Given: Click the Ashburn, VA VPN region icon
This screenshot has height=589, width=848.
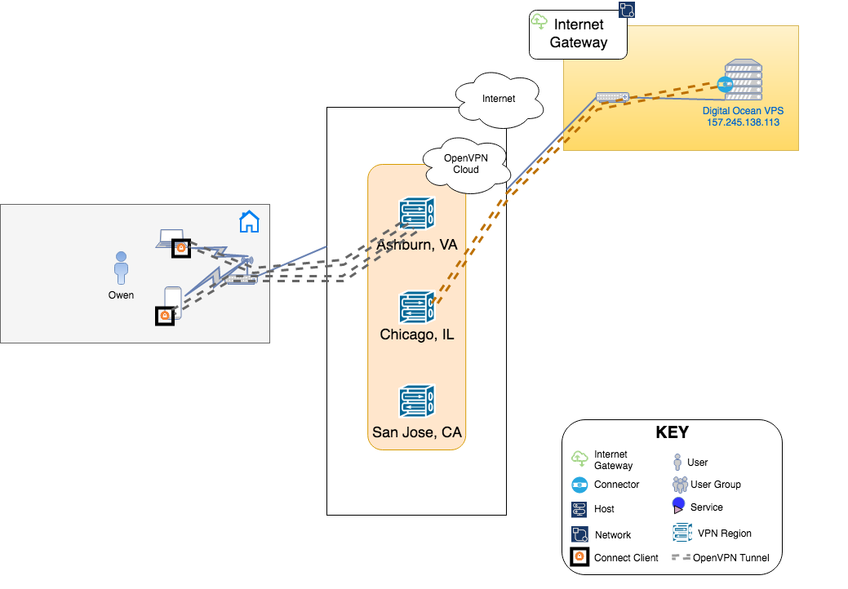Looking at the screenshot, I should click(417, 213).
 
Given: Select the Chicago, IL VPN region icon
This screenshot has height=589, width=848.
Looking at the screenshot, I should click(417, 308).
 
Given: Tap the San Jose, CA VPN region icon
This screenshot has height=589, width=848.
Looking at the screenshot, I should click(417, 402).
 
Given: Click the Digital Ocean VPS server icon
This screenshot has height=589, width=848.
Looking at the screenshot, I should click(743, 80).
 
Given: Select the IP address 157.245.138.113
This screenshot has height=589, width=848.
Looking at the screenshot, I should click(743, 122).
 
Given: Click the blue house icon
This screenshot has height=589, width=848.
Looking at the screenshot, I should click(249, 220).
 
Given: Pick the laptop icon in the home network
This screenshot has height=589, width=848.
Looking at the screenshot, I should click(171, 238).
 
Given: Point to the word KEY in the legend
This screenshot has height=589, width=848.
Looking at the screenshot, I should click(672, 433).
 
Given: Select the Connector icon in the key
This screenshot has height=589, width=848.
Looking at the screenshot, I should click(579, 485).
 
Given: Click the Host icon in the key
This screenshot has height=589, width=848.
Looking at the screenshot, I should click(579, 509).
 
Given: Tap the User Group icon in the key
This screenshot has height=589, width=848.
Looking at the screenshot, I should click(680, 485).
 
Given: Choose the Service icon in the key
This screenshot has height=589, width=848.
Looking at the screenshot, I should click(678, 506).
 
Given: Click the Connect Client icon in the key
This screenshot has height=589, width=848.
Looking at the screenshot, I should click(579, 558).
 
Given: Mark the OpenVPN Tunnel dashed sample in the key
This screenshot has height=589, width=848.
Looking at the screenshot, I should click(680, 558).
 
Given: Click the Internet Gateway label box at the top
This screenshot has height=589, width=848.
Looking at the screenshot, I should click(578, 34).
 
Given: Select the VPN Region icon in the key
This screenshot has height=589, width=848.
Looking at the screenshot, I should click(682, 534).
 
